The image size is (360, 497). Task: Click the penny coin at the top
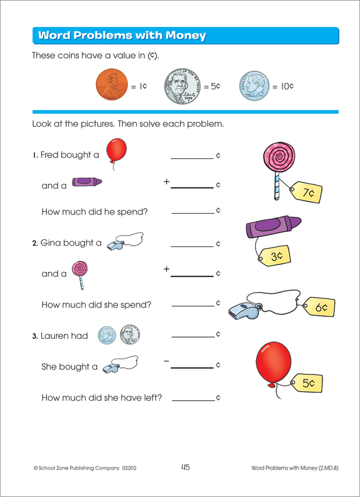tap(111, 86)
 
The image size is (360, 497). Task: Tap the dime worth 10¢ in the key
tap(254, 87)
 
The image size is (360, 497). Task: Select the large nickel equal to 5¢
tap(182, 87)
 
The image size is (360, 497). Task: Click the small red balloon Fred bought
tap(114, 152)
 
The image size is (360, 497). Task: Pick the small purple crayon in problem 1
tap(86, 183)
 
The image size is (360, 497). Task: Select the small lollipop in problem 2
tap(79, 272)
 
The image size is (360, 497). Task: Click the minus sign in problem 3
tap(166, 361)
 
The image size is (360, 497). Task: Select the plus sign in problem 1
tap(166, 181)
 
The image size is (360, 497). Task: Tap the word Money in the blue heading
tap(184, 35)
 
